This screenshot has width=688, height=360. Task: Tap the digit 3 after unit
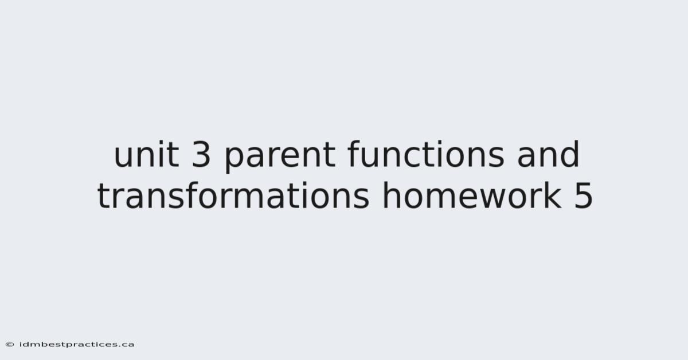[201, 155]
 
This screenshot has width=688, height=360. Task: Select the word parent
[280, 156]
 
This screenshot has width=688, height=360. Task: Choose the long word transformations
[233, 195]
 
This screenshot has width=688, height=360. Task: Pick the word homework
[472, 195]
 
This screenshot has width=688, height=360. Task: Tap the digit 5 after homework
[583, 196]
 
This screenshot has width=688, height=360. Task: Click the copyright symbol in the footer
[10, 345]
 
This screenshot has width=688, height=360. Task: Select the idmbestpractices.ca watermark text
[77, 345]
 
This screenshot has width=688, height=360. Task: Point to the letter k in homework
[552, 195]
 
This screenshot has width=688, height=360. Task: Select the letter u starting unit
[123, 158]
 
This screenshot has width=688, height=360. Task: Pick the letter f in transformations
[193, 195]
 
